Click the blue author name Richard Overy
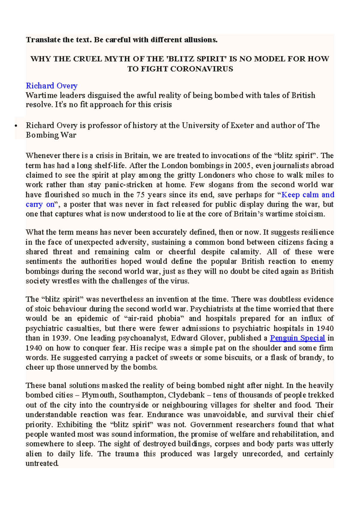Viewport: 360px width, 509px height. [52, 86]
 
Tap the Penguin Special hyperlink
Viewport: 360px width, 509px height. [297, 338]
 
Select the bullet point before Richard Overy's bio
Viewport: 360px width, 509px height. [16, 126]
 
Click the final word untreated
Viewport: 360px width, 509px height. [42, 463]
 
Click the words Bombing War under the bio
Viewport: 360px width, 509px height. [51, 135]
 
